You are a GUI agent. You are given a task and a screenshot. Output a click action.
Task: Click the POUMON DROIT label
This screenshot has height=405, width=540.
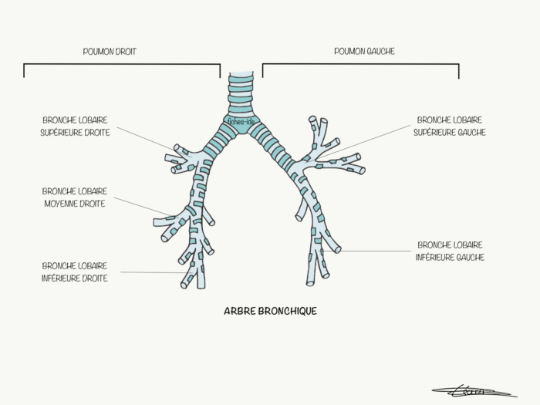[115, 52]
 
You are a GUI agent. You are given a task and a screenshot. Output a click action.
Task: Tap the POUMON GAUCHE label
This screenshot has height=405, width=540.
[363, 52]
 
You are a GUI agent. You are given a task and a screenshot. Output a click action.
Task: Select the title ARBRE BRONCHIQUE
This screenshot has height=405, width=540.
[269, 312]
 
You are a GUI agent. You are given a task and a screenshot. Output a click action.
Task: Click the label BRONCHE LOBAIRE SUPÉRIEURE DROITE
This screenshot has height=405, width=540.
[75, 127]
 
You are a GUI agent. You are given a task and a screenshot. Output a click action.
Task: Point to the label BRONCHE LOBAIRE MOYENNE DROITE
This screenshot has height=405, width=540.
[74, 197]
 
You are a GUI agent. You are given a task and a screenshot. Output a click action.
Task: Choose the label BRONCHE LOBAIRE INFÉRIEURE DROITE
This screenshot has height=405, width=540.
[75, 272]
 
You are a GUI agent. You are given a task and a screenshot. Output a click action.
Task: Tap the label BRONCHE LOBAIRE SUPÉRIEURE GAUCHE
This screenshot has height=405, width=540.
[450, 127]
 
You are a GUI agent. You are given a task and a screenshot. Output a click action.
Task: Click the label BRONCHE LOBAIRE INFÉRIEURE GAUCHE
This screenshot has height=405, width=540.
[451, 251]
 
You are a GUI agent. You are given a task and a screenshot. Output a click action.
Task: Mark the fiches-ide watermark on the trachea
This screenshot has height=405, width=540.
[240, 120]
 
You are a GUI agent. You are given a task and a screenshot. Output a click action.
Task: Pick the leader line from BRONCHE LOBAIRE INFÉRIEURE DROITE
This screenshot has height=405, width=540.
[150, 272]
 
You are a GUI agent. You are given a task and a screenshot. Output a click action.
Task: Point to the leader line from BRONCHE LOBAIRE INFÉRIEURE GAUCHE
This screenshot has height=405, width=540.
[378, 251]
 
